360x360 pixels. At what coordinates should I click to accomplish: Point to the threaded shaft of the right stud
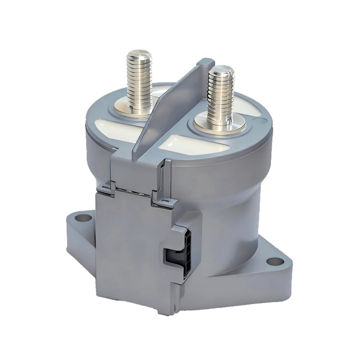click(x=221, y=99)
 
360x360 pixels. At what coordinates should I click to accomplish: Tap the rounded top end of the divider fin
click(x=206, y=62)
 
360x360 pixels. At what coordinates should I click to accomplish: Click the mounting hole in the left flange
click(x=81, y=219)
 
